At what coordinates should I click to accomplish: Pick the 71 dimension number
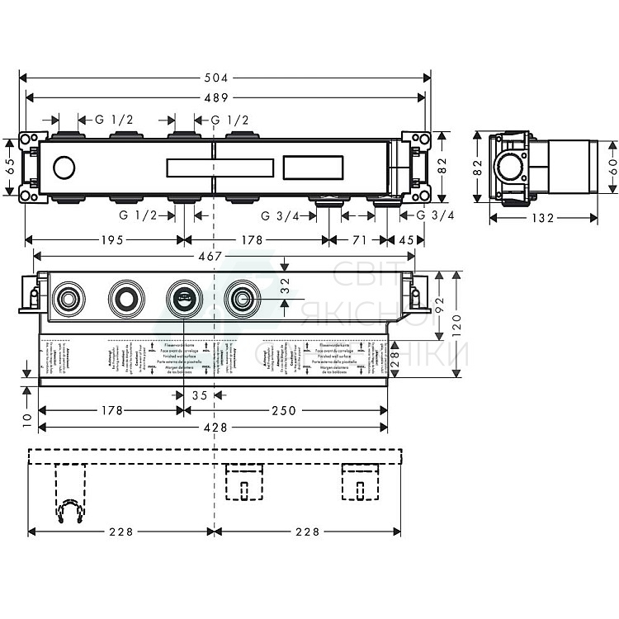pyautogui.click(x=359, y=240)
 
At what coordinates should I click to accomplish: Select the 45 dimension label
pyautogui.click(x=406, y=240)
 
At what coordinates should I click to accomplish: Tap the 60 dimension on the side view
pyautogui.click(x=612, y=168)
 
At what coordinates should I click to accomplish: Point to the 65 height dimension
pyautogui.click(x=9, y=168)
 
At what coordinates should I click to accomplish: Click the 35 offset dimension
pyautogui.click(x=200, y=395)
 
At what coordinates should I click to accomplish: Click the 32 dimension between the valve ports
pyautogui.click(x=285, y=286)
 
